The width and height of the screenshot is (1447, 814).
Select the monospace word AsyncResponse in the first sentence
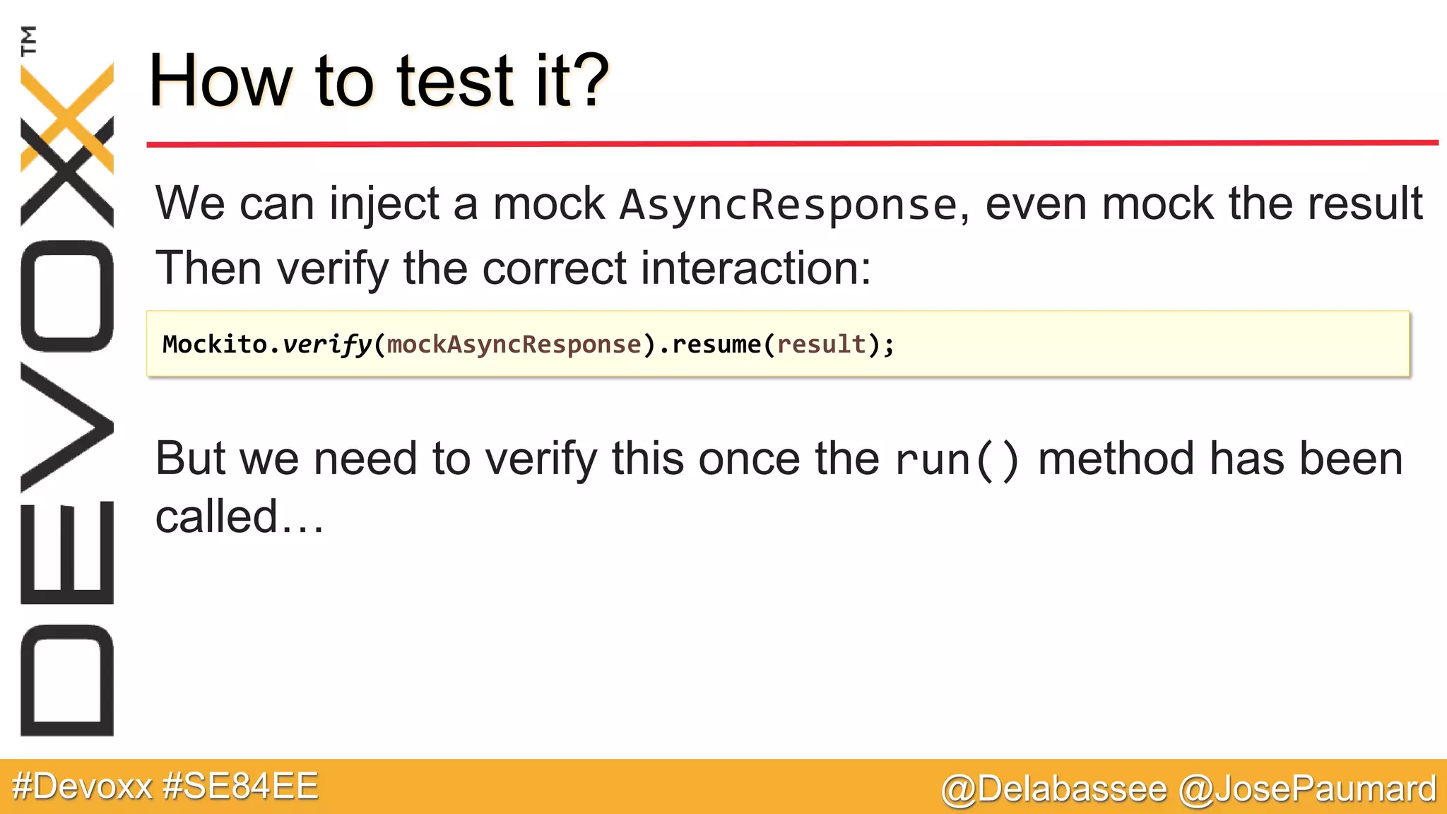click(788, 205)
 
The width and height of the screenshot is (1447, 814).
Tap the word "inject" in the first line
click(384, 204)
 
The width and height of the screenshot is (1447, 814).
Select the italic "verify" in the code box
click(326, 345)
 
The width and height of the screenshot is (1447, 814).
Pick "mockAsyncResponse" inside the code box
click(514, 344)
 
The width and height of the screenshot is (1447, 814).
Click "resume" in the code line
click(716, 344)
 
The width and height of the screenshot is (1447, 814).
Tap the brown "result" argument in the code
click(821, 344)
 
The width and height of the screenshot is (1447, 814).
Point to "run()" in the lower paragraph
click(957, 459)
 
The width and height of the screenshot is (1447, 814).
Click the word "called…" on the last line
click(239, 517)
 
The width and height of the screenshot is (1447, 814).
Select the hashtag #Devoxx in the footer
click(82, 786)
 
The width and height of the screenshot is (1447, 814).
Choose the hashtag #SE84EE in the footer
click(240, 786)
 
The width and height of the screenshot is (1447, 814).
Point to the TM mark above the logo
click(28, 40)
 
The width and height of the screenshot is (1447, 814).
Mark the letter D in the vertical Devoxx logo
click(67, 680)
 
